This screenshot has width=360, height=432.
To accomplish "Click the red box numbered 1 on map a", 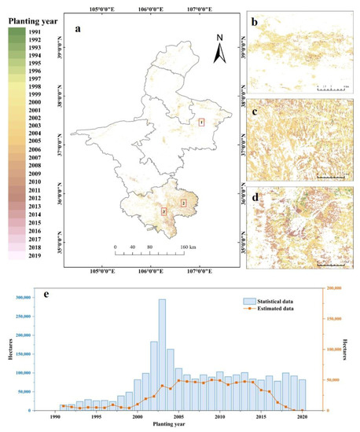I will [x=201, y=122].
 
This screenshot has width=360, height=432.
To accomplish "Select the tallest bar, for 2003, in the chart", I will [x=162, y=354].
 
